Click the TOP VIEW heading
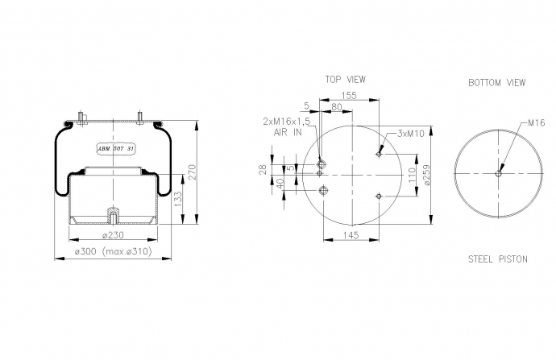click(346, 80)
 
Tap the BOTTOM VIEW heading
click(497, 83)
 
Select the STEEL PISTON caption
click(498, 259)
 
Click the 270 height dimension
click(192, 172)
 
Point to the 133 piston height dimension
click(178, 199)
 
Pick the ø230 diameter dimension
click(113, 235)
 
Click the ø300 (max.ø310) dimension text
click(113, 251)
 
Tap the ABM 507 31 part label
click(116, 149)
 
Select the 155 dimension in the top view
click(349, 96)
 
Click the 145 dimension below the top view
click(351, 235)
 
